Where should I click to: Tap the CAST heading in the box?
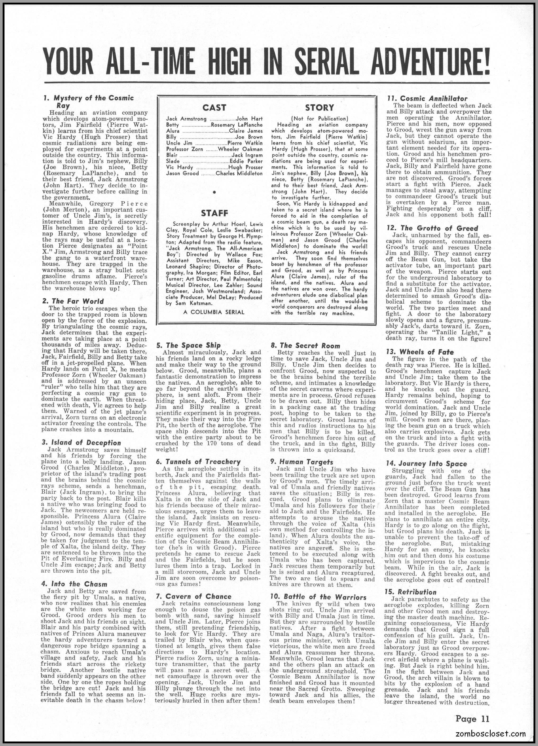214,108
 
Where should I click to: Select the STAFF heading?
214,213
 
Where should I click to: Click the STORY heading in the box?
319,108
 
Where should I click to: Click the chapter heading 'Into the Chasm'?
79,584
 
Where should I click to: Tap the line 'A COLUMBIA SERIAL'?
214,312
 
